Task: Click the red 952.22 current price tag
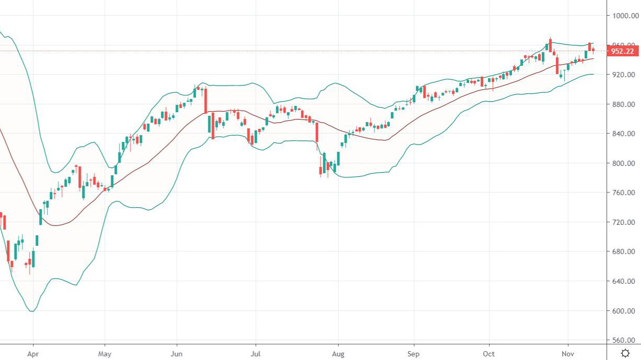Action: (624, 51)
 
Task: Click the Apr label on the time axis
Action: (33, 353)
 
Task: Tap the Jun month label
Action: (176, 353)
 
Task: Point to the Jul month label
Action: (256, 353)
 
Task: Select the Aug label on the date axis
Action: (338, 353)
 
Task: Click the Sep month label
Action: (414, 353)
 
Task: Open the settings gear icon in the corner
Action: (625, 353)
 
